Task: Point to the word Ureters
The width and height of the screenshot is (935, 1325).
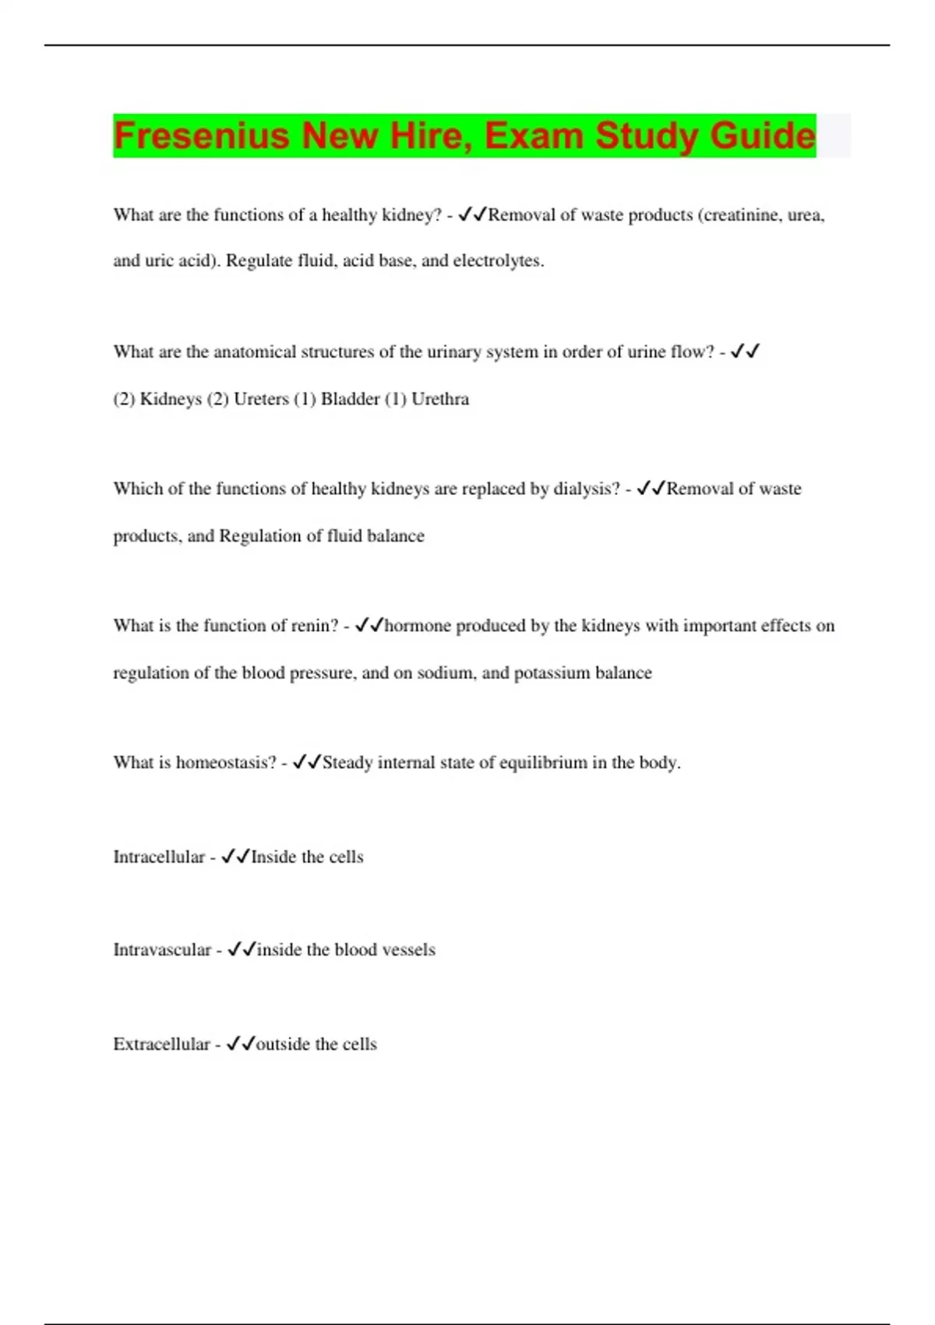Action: pyautogui.click(x=261, y=399)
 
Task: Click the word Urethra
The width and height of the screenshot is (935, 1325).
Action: pyautogui.click(x=440, y=399)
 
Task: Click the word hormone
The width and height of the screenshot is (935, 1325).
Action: pyautogui.click(x=418, y=626)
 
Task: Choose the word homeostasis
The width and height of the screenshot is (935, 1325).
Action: pyautogui.click(x=226, y=762)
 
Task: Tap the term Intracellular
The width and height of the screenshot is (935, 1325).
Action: pyautogui.click(x=159, y=857)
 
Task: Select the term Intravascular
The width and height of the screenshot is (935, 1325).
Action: pyautogui.click(x=162, y=950)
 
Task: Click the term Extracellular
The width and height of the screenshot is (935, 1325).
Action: pyautogui.click(x=161, y=1044)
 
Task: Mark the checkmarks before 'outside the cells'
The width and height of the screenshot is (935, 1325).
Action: pyautogui.click(x=241, y=1044)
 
